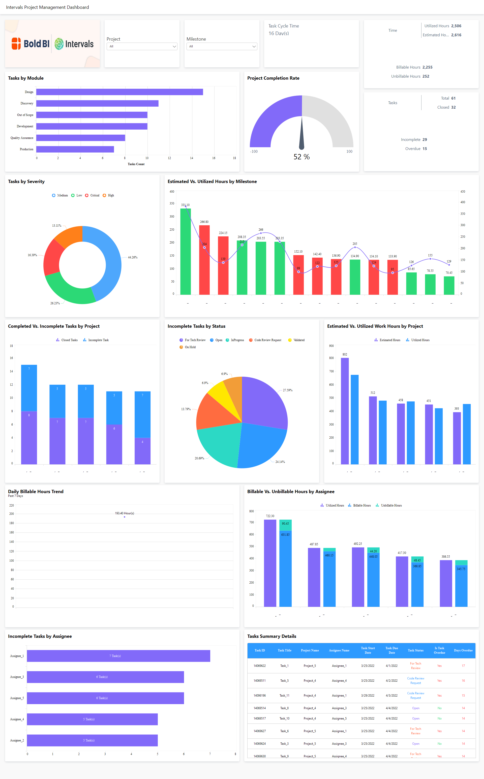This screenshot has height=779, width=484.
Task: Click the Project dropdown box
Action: click(142, 46)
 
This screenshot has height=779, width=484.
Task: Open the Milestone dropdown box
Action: click(222, 46)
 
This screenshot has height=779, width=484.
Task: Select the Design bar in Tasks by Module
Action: click(119, 92)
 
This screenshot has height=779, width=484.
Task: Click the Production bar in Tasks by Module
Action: click(75, 149)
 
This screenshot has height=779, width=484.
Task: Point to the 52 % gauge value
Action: click(301, 157)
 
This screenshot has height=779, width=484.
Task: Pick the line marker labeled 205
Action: click(355, 247)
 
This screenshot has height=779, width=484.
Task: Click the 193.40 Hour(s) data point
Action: click(125, 517)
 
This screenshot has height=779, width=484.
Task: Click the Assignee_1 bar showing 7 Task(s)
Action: click(118, 656)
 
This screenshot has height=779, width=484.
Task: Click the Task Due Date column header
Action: click(391, 650)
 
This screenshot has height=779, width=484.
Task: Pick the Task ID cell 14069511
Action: click(260, 680)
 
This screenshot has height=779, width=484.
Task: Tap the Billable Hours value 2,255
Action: click(427, 67)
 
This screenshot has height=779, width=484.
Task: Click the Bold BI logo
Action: click(31, 44)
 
